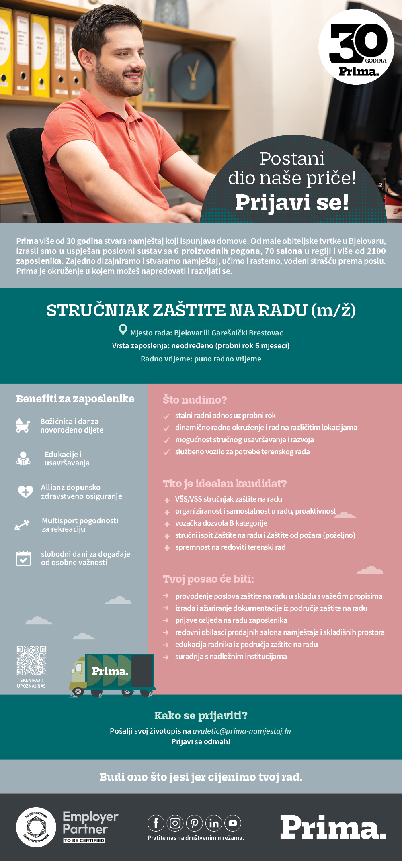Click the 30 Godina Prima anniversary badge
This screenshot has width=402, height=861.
point(356,47)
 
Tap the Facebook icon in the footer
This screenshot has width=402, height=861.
point(156,823)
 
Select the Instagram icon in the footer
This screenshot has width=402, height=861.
point(175,823)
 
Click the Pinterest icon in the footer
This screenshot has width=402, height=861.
point(194,823)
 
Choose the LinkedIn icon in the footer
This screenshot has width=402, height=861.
point(214,823)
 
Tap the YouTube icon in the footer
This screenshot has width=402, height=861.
point(233,823)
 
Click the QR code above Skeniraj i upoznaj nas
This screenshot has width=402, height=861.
point(31,661)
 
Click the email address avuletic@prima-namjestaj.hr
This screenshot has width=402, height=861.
point(242,731)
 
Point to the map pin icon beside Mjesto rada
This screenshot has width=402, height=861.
point(123,330)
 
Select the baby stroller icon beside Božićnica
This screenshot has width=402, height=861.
point(23,425)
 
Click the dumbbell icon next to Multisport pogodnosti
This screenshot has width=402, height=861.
point(22,525)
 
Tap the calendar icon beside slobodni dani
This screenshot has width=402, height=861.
point(23,558)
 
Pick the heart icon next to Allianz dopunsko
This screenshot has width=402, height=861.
point(25,491)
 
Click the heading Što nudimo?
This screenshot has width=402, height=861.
point(195,400)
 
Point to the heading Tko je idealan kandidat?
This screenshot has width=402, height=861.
point(225,483)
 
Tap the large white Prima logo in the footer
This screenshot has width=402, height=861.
point(333,827)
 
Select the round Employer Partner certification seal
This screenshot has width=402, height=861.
point(36,827)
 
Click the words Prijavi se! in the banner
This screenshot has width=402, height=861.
point(292,202)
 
